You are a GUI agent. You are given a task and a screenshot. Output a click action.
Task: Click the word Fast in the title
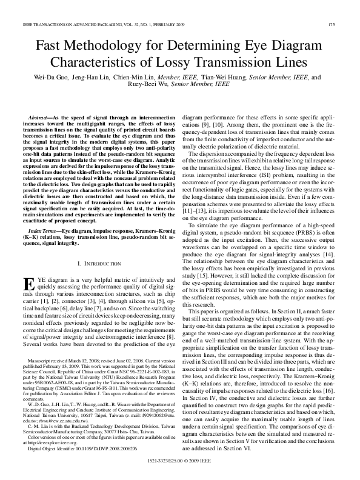coord(53,46)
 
